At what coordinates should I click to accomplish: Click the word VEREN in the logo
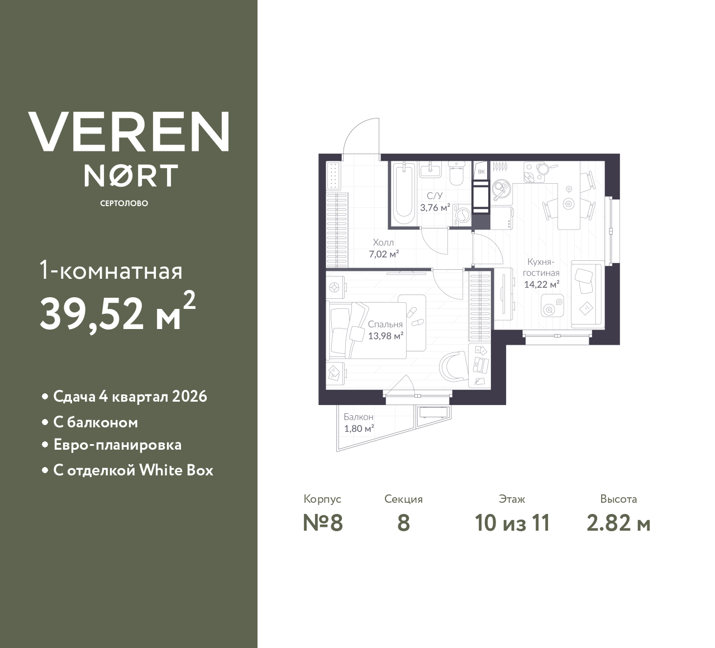[x=128, y=132]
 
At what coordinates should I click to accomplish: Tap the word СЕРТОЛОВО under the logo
[x=124, y=203]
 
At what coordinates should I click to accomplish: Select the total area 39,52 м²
[x=117, y=313]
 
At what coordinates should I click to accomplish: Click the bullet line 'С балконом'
[x=96, y=422]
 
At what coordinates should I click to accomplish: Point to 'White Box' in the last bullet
[x=176, y=470]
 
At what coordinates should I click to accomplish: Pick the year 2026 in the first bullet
[x=190, y=397]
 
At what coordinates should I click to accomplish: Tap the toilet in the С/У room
[x=456, y=174]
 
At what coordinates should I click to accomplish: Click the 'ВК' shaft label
[x=481, y=171]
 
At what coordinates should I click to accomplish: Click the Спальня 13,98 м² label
[x=385, y=330]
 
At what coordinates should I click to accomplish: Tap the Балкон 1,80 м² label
[x=359, y=423]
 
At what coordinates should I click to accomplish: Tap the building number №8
[x=322, y=523]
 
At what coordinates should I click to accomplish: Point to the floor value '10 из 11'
[x=512, y=523]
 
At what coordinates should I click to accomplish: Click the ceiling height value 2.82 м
[x=618, y=523]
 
